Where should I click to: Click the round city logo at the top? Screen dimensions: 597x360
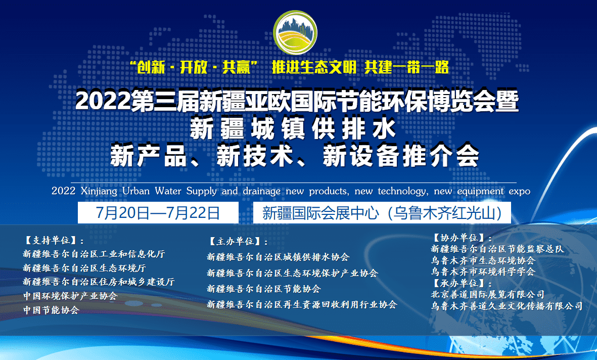[295, 33]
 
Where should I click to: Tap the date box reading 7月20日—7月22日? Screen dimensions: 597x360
[158, 212]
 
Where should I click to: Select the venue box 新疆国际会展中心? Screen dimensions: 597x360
[382, 212]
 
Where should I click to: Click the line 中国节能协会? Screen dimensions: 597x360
[51, 310]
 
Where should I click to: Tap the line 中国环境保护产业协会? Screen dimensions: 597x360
[70, 296]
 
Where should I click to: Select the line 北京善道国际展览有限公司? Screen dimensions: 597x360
[488, 294]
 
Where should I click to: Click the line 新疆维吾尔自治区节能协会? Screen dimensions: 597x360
[264, 289]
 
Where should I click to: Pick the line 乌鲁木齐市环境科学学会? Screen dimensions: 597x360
[483, 272]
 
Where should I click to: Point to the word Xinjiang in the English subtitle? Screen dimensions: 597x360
[99, 191]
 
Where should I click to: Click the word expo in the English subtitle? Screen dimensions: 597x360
[519, 191]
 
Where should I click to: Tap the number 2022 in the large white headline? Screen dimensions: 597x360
[103, 101]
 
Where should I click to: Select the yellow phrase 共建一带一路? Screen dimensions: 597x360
[406, 67]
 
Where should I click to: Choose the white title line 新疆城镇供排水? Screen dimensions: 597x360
[293, 129]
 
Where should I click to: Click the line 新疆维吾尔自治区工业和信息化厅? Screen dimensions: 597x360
[94, 254]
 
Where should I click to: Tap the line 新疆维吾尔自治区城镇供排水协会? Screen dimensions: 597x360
[278, 257]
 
